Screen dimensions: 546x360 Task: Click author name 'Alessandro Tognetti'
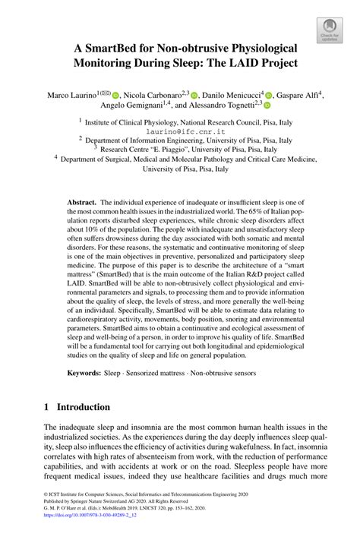pyautogui.click(x=219, y=109)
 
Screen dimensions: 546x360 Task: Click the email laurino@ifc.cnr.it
pyautogui.click(x=179, y=130)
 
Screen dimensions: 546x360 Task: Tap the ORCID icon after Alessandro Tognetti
pyautogui.click(x=267, y=109)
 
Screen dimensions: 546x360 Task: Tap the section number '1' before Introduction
pyautogui.click(x=47, y=406)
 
